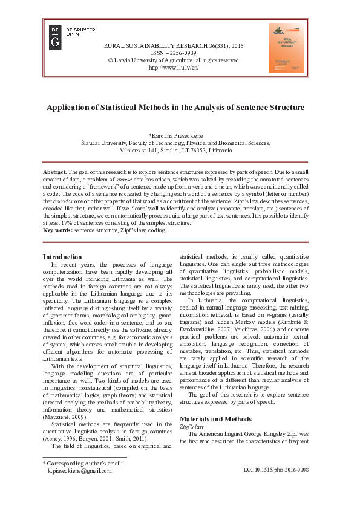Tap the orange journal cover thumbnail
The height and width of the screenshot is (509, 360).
click(287, 48)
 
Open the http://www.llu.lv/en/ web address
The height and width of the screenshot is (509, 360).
click(174, 68)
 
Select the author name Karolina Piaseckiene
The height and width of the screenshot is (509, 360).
click(180, 136)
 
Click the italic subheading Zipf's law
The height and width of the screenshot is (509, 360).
click(191, 409)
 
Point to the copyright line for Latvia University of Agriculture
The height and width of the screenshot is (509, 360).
click(173, 60)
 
